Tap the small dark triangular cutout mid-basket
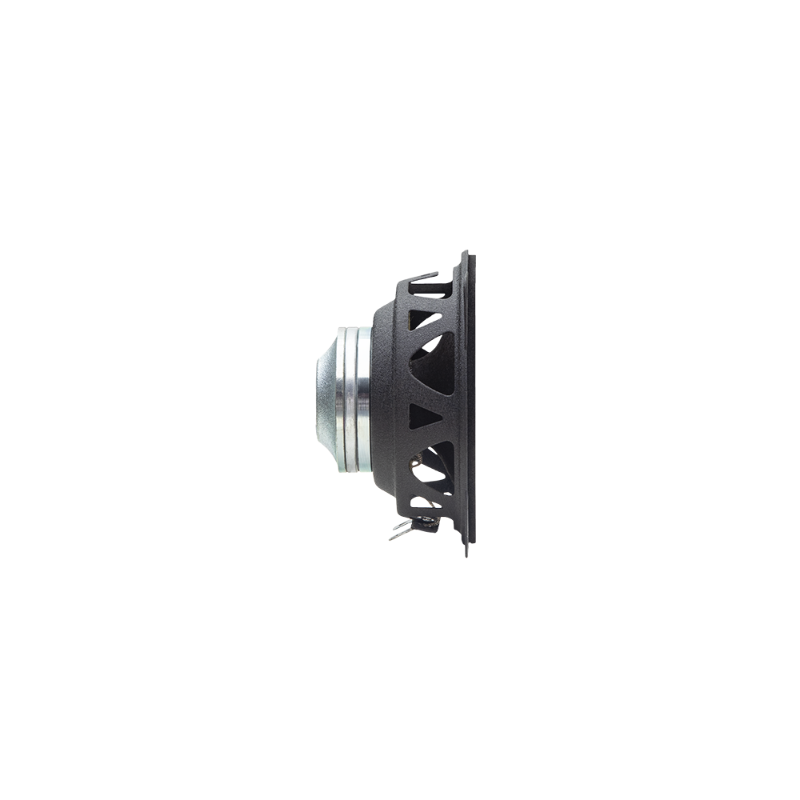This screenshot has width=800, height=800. coord(422,416)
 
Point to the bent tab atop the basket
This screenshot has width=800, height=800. coord(424,277)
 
